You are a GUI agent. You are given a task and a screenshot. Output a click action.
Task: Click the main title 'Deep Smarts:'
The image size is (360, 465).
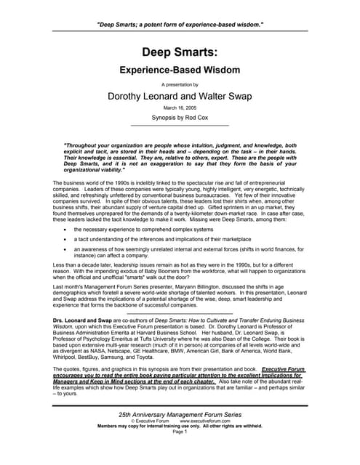pyautogui.click(x=180, y=52)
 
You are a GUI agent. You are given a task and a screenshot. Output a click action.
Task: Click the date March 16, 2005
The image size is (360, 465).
pyautogui.click(x=180, y=108)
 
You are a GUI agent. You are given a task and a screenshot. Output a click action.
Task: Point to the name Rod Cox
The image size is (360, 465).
pyautogui.click(x=199, y=118)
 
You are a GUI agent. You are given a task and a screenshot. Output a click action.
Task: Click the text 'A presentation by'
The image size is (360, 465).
pyautogui.click(x=180, y=84)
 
